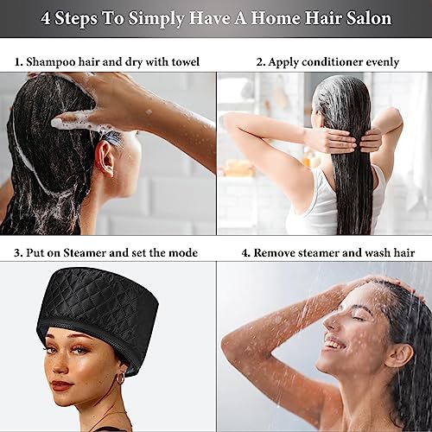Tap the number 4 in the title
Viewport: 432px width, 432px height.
(x=45, y=18)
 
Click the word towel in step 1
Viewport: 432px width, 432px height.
(x=186, y=61)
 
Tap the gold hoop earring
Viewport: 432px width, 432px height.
(x=120, y=378)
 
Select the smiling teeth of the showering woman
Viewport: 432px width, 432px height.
(x=335, y=345)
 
